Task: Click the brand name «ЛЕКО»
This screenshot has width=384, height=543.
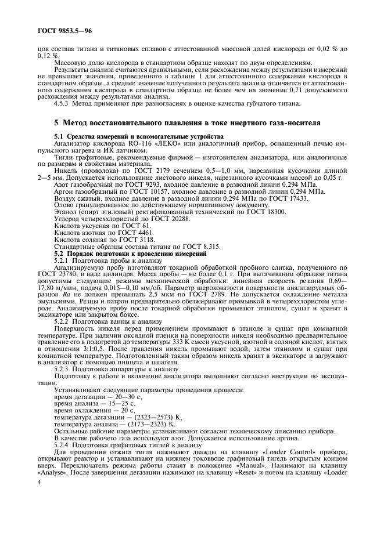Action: tap(148, 143)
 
